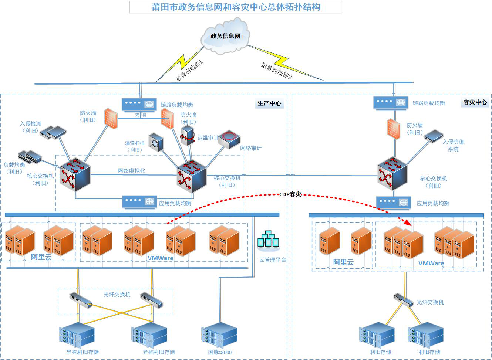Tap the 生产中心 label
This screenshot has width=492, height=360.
coord(269,103)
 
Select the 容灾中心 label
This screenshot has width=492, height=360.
coord(475,102)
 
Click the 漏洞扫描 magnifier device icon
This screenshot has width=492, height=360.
coord(156,142)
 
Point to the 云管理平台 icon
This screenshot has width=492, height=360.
coord(268,240)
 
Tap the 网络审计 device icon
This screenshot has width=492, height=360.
coord(229,139)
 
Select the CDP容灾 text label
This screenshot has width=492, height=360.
coord(290,194)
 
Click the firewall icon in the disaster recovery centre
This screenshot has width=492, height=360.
coord(394,129)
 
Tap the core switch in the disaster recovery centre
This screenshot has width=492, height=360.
coord(392,174)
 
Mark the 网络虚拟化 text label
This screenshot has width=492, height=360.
coord(132,171)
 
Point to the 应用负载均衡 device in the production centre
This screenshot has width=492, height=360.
coord(139,202)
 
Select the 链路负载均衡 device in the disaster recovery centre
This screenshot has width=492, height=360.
coord(391,103)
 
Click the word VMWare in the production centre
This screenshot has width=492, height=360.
coord(160,258)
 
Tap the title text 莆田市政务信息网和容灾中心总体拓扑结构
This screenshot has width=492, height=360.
coord(236,7)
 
